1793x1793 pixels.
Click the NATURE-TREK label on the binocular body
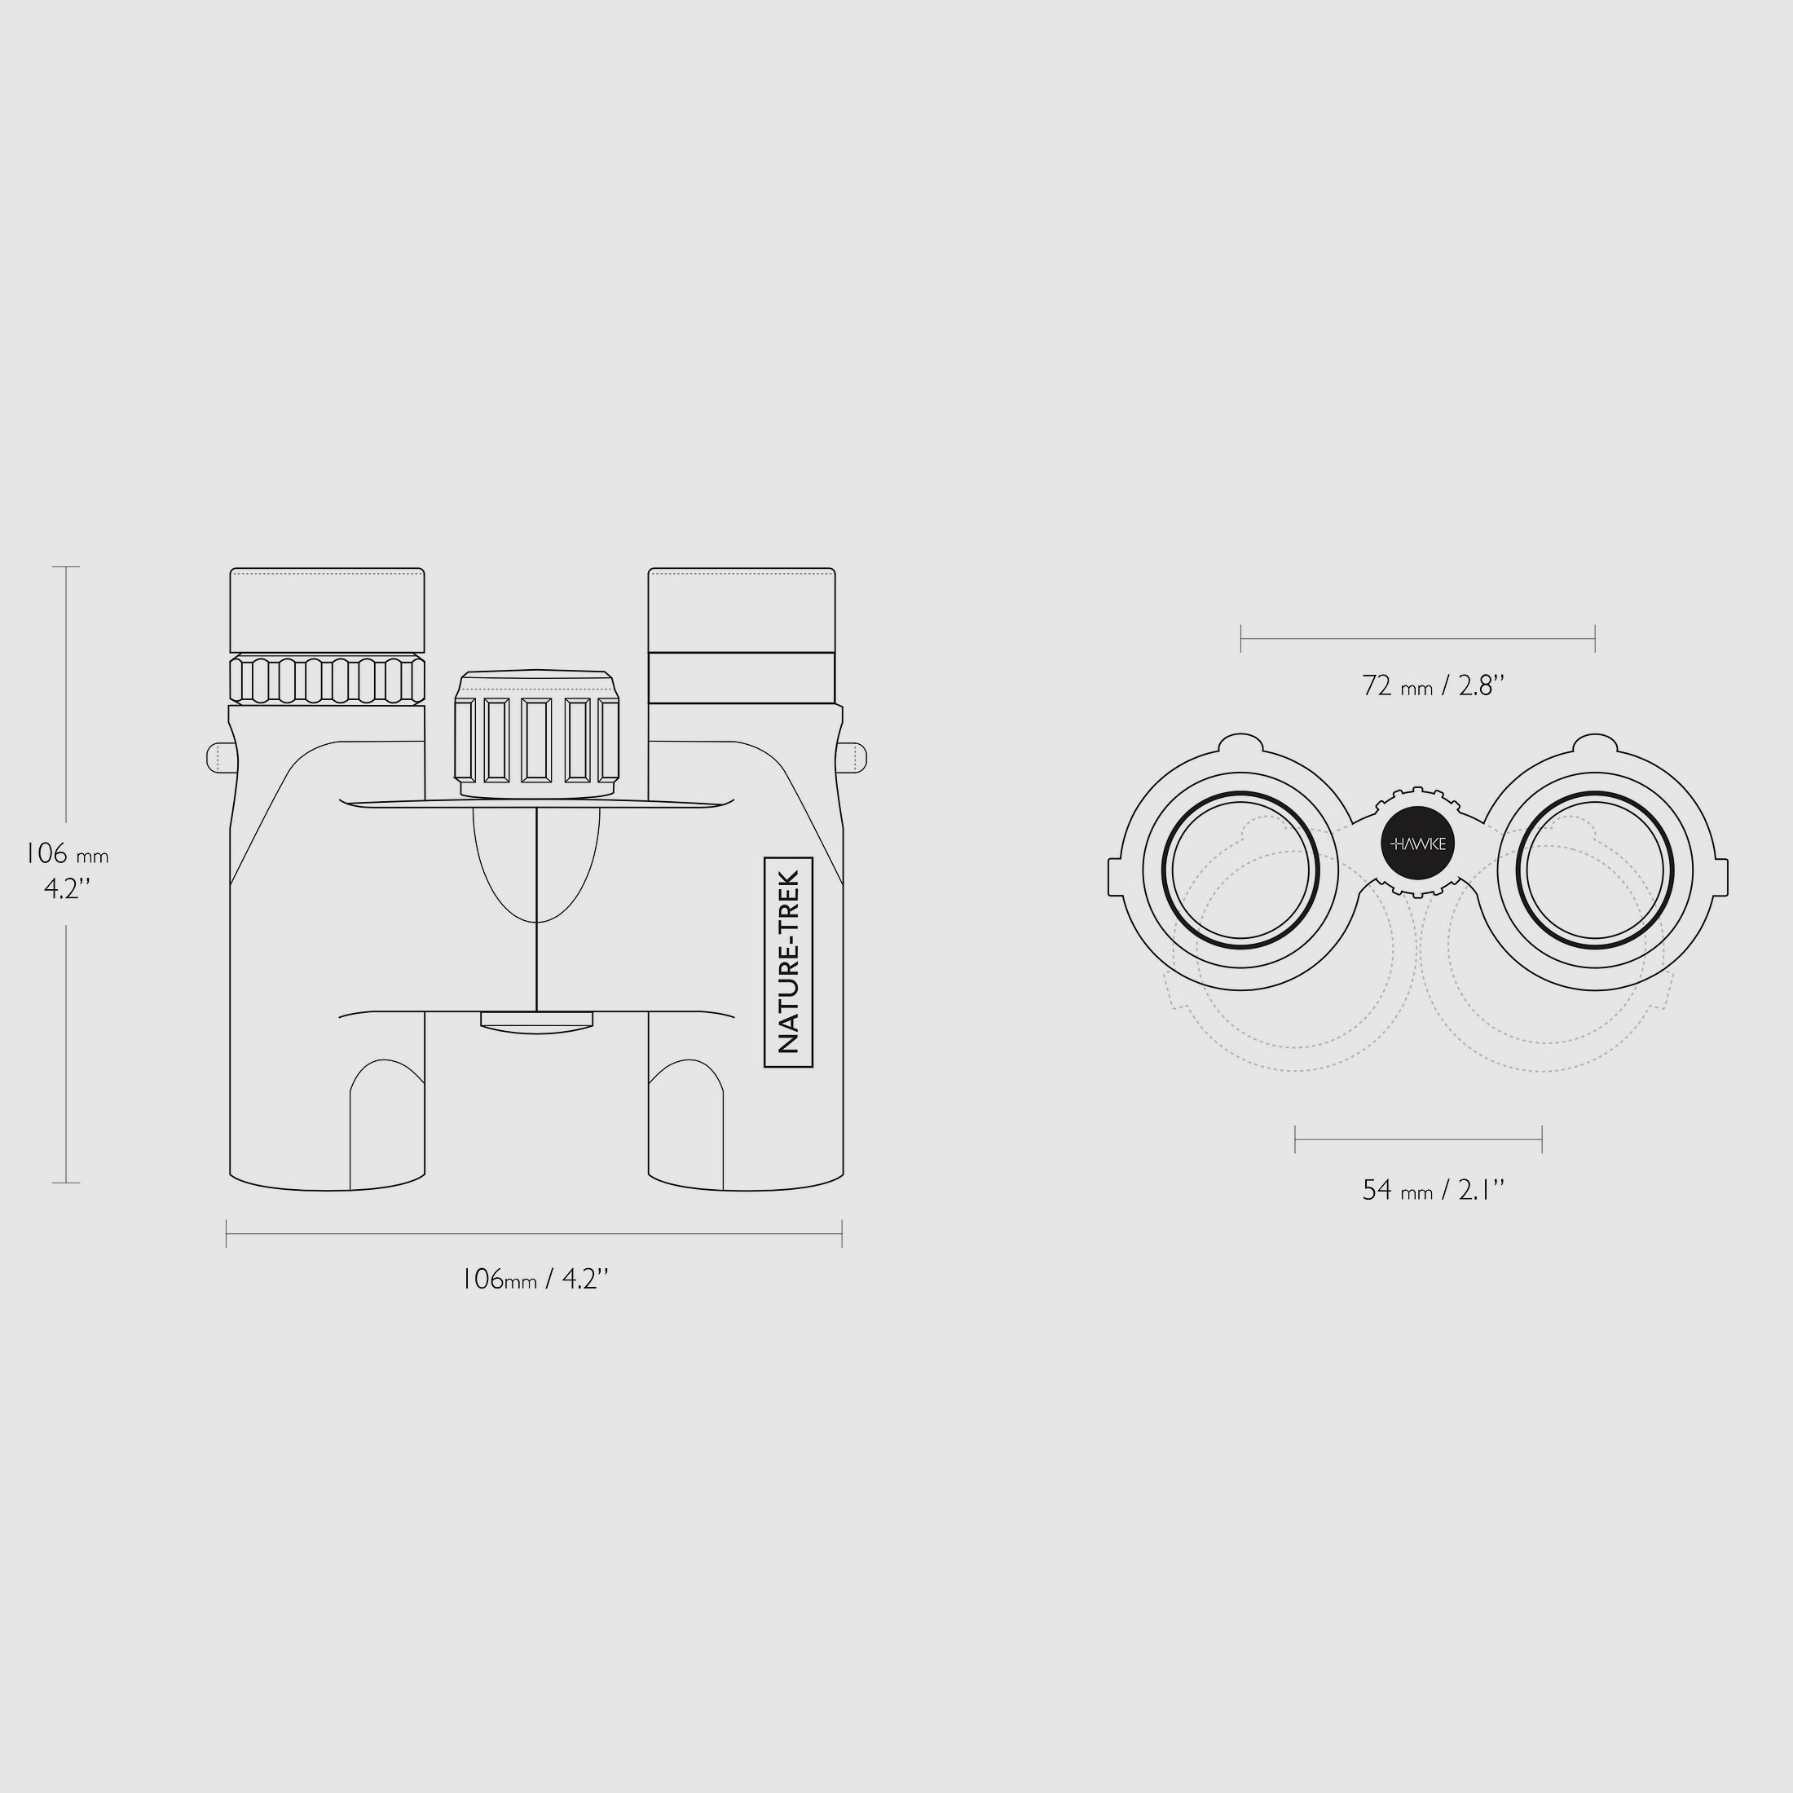coord(788,962)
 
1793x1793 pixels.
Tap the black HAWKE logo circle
coord(1418,844)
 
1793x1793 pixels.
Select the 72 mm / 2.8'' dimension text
coord(1433,686)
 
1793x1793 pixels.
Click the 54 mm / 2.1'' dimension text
coord(1433,1190)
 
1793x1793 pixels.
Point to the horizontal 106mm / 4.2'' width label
coord(535,1279)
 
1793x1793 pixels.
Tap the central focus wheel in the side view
coord(536,733)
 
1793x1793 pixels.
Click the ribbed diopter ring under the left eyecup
coord(328,680)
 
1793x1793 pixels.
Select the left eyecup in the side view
coord(328,610)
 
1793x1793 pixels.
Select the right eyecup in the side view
coord(742,610)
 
